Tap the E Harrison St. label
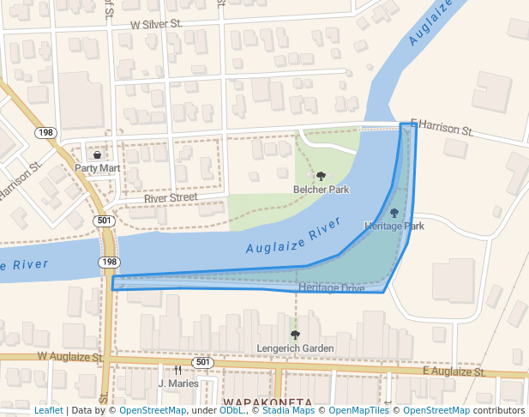442,128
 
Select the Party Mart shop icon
97,155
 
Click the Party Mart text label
97,168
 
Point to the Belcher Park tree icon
322,176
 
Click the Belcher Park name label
322,189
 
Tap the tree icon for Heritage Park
394,213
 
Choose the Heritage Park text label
394,227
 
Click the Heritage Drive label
332,288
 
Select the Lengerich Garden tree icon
295,335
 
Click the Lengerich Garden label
295,348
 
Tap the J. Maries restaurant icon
177,370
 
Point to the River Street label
171,197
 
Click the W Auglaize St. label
69,356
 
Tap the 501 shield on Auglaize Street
202,362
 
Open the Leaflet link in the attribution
48,410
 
